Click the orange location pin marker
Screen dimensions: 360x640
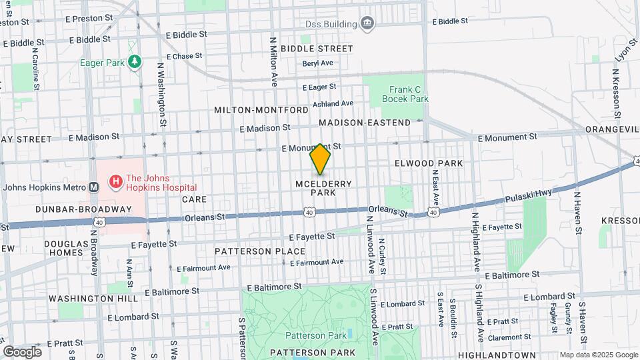pyautogui.click(x=321, y=159)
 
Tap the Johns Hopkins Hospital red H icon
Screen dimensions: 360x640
pyautogui.click(x=115, y=181)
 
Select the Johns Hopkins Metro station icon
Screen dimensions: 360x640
pyautogui.click(x=93, y=187)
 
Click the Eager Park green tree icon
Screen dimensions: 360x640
pyautogui.click(x=135, y=62)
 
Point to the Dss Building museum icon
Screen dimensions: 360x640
pyautogui.click(x=367, y=25)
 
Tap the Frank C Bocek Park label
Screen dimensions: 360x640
pyautogui.click(x=405, y=93)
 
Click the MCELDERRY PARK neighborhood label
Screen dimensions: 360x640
pyautogui.click(x=323, y=187)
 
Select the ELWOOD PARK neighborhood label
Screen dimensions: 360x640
pyautogui.click(x=428, y=163)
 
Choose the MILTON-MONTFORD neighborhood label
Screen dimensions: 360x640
pyautogui.click(x=261, y=109)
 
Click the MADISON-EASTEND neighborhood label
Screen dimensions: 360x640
pyautogui.click(x=365, y=123)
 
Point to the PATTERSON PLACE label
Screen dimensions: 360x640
pyautogui.click(x=260, y=251)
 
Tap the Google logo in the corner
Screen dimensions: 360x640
pyautogui.click(x=22, y=351)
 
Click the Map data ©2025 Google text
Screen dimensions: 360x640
pyautogui.click(x=598, y=355)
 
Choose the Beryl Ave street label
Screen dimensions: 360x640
pyautogui.click(x=317, y=63)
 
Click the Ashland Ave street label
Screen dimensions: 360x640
pyautogui.click(x=333, y=103)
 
